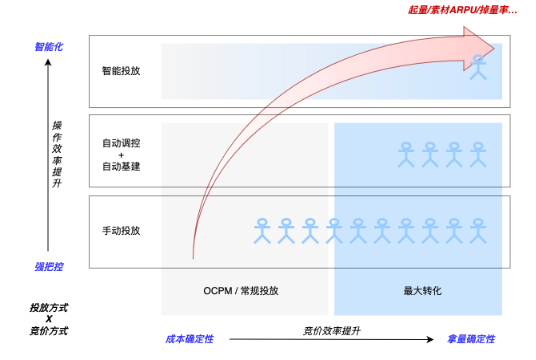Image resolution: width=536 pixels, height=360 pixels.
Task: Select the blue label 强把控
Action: click(49, 267)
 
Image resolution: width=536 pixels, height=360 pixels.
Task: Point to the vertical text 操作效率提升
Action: click(57, 155)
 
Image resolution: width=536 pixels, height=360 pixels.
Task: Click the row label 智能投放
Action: click(121, 72)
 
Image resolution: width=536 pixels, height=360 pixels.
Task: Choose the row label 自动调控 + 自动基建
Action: click(121, 154)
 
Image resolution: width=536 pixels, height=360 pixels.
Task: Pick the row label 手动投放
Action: click(121, 231)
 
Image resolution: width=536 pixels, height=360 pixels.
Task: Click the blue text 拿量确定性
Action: click(471, 339)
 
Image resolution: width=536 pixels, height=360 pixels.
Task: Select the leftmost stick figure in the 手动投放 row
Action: click(264, 231)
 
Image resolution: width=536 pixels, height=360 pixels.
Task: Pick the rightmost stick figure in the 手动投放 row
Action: click(478, 231)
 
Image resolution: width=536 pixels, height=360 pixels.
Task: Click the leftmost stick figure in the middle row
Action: click(406, 153)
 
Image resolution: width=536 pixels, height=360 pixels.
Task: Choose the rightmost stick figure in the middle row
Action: click(478, 153)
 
